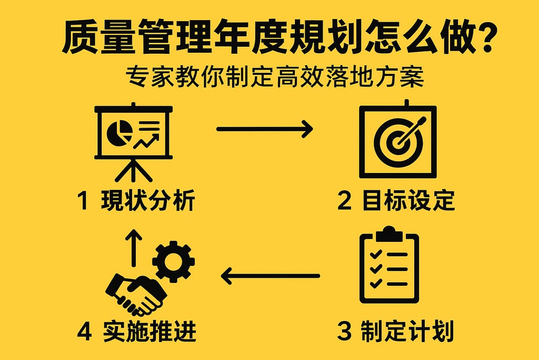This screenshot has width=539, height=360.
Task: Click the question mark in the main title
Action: click(x=483, y=37)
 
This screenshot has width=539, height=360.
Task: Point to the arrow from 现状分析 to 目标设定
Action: click(x=264, y=129)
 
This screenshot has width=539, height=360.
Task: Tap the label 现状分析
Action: click(x=149, y=201)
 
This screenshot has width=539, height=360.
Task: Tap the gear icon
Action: click(x=173, y=261)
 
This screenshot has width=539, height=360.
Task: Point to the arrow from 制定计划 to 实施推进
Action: click(x=271, y=276)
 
